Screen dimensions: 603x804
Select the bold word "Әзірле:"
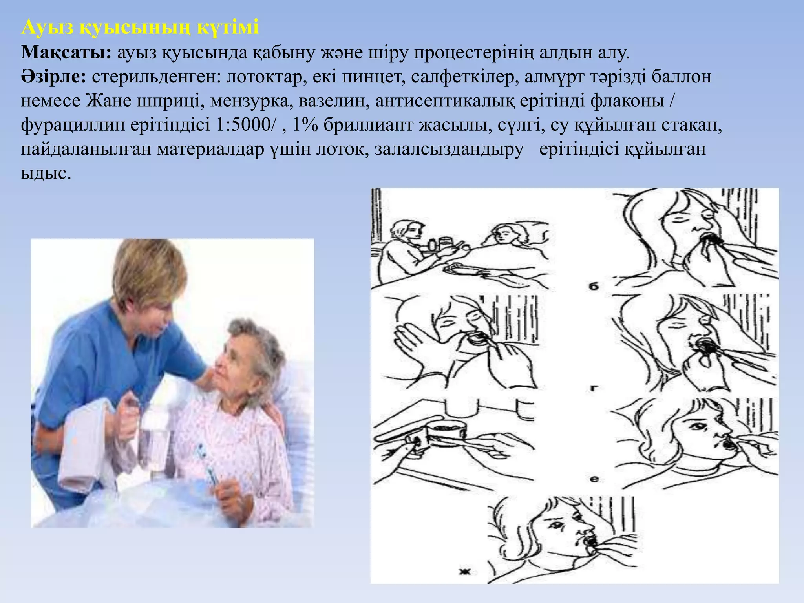(53, 77)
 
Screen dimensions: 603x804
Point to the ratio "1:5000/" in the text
(246, 125)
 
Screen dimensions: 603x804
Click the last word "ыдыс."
(46, 174)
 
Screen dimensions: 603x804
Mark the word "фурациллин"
(73, 125)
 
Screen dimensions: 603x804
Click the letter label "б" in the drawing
(594, 286)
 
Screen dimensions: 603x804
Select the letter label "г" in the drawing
(594, 388)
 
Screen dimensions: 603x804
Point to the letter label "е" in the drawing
(594, 479)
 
